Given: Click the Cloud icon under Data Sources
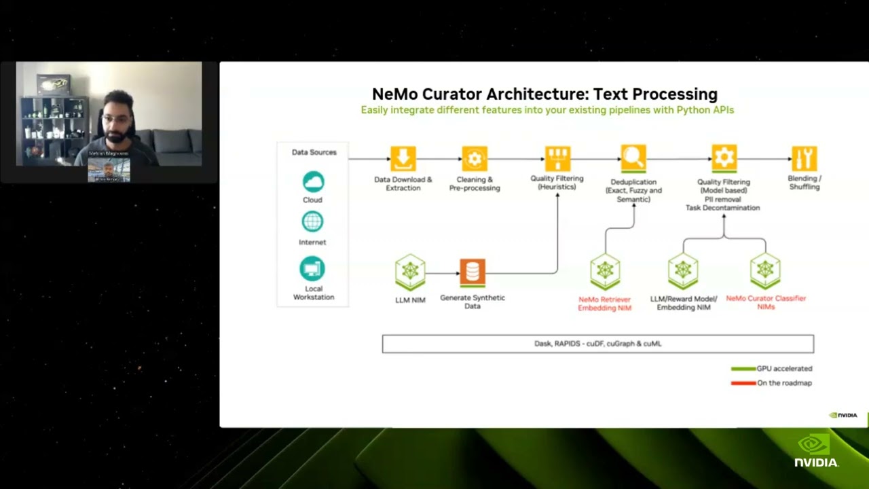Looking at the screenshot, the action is click(313, 182).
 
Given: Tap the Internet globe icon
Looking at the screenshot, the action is click(313, 222).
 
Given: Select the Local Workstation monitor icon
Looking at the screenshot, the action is click(313, 269).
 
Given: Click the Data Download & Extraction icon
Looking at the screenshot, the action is click(403, 159).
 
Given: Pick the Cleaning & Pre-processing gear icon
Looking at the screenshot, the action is click(475, 159).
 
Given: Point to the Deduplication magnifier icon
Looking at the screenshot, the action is click(633, 159).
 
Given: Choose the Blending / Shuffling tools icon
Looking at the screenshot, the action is click(804, 159).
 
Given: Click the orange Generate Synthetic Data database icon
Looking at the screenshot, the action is click(473, 272).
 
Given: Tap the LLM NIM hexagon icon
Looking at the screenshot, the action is click(410, 272).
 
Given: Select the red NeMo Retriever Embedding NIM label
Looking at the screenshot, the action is click(605, 304).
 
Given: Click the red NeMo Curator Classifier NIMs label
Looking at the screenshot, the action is click(766, 302).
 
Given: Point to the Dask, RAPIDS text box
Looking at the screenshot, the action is click(597, 344).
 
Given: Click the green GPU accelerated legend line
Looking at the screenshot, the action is click(743, 369).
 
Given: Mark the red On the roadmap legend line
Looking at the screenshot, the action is click(743, 383).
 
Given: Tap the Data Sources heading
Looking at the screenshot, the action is click(314, 152).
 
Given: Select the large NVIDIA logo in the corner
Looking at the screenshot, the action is click(817, 450).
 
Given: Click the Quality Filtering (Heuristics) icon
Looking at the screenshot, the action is click(557, 159).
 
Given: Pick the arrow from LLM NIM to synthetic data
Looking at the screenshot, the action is click(442, 273).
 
